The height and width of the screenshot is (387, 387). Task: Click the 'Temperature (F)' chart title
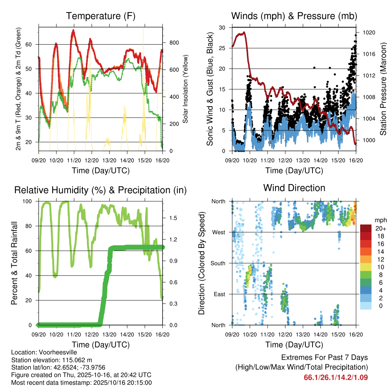click(x=101, y=16)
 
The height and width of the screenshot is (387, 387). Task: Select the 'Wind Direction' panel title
click(x=294, y=188)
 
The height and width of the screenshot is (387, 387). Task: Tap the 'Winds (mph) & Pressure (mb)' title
click(x=294, y=16)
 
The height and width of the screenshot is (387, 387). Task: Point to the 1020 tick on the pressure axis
click(x=368, y=33)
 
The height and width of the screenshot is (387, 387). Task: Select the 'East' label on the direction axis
click(x=219, y=294)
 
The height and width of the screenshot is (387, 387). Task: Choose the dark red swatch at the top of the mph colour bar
click(x=366, y=228)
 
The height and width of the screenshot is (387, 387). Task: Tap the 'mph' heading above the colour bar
click(x=380, y=220)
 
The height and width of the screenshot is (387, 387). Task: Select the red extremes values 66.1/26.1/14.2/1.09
click(x=336, y=377)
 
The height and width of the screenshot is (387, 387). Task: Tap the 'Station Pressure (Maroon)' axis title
click(x=383, y=89)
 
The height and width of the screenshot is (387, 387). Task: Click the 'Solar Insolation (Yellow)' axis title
click(x=186, y=89)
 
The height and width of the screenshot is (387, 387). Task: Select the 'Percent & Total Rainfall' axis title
click(x=14, y=263)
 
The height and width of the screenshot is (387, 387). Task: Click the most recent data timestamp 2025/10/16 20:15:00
click(x=118, y=382)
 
